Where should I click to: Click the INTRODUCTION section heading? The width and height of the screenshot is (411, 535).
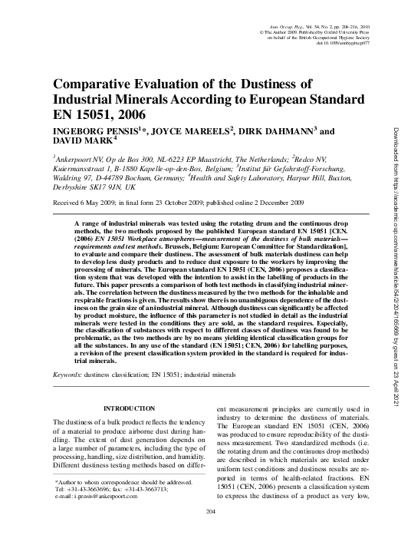tap(128, 409)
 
